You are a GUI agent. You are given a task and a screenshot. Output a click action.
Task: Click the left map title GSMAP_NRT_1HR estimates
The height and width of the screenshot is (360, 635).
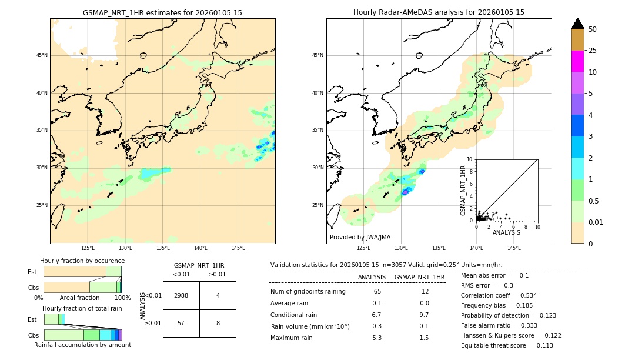point(162,12)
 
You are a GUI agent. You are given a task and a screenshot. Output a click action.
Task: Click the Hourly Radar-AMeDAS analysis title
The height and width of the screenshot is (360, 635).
point(439,12)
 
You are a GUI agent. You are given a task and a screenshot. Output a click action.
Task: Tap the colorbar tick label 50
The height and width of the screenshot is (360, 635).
point(593,29)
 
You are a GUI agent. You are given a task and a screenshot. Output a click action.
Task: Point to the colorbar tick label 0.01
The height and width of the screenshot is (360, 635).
point(596,222)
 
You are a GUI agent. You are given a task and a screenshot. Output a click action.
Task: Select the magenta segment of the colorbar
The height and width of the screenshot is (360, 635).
point(577,61)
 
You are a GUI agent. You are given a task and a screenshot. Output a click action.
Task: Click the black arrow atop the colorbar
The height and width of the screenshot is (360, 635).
point(577,24)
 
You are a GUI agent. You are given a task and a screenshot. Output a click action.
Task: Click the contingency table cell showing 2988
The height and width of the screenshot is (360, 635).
point(181,295)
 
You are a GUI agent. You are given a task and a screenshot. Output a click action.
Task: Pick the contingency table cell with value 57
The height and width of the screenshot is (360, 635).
point(181,323)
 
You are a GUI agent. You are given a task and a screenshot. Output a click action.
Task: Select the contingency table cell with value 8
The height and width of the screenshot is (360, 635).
point(218,323)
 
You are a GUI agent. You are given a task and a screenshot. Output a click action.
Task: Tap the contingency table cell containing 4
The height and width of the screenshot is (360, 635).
point(218,295)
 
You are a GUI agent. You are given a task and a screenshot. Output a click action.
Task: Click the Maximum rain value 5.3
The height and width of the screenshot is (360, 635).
point(377,338)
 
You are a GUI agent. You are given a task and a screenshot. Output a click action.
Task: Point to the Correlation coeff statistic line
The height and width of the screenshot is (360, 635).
point(499,295)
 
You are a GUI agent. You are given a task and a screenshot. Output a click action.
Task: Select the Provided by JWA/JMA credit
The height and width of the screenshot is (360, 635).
point(360,237)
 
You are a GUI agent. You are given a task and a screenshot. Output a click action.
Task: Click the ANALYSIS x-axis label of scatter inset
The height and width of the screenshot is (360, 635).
point(506,233)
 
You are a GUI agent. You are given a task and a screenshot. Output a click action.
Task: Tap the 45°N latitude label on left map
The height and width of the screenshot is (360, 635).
point(42,55)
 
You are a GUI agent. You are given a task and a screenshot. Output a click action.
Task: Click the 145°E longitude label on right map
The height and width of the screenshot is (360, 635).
point(514,248)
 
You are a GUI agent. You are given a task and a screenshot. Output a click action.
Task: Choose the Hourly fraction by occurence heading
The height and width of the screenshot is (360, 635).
point(82,261)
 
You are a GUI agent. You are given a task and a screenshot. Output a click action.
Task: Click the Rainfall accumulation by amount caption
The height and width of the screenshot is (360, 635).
point(82,345)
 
